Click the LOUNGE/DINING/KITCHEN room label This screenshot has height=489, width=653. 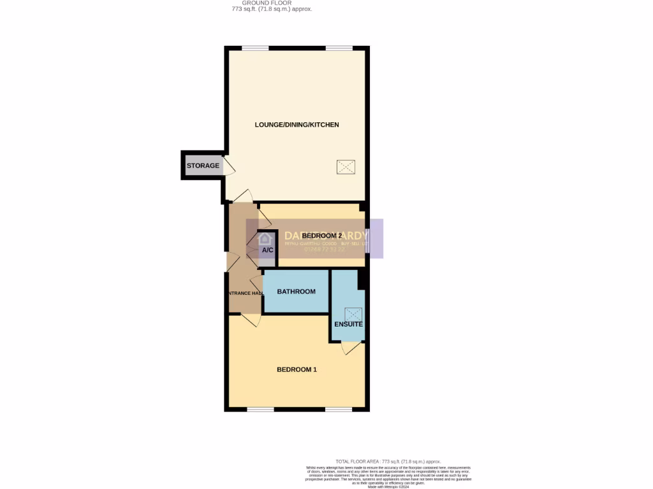297,125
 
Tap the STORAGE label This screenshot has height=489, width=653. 203,166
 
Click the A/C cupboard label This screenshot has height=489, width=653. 267,250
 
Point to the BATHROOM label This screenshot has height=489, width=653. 296,292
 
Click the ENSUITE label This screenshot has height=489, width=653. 348,324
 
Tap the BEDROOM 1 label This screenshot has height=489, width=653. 297,370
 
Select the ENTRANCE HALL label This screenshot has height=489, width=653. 246,293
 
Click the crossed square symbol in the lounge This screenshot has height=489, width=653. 346,167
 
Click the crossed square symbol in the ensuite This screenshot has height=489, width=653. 353,315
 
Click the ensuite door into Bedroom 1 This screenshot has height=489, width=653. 351,348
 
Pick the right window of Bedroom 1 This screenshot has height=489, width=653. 339,409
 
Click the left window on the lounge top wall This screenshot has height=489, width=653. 255,48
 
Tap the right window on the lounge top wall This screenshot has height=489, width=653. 339,48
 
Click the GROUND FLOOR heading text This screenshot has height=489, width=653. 272,3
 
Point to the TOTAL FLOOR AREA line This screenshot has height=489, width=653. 388,461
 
